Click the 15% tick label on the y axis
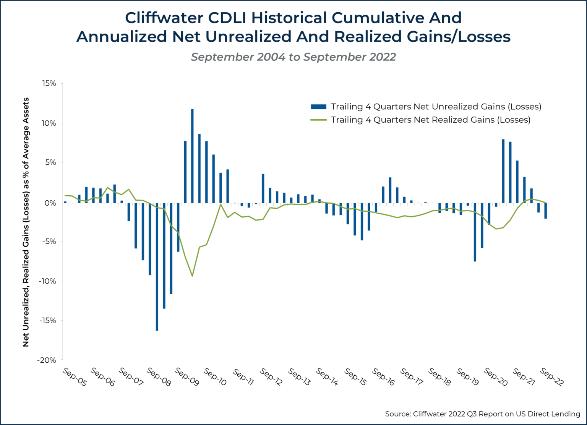pyautogui.click(x=49, y=83)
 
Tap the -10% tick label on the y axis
pyautogui.click(x=47, y=281)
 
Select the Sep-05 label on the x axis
pyautogui.click(x=75, y=377)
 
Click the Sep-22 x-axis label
pyautogui.click(x=551, y=377)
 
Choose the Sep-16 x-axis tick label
pyautogui.click(x=383, y=377)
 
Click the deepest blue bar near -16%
pyautogui.click(x=157, y=268)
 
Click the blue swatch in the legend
pyautogui.click(x=319, y=107)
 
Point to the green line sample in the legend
pyautogui.click(x=319, y=120)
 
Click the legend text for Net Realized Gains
pyautogui.click(x=430, y=120)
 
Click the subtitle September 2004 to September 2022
pyautogui.click(x=293, y=57)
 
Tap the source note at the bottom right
pyautogui.click(x=482, y=414)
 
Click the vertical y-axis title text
pyautogui.click(x=26, y=222)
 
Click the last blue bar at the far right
pyautogui.click(x=546, y=211)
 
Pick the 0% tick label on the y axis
pyautogui.click(x=50, y=203)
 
